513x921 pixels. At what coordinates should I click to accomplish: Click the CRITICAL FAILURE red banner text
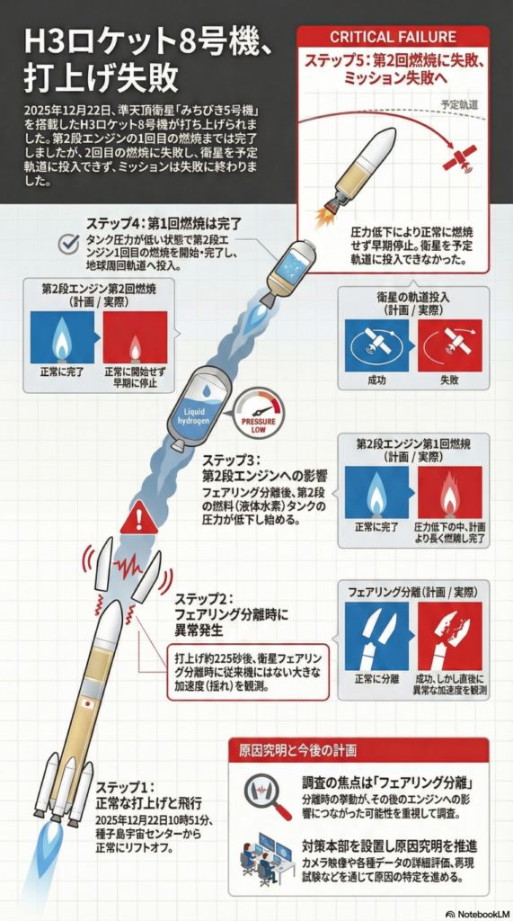(x=393, y=36)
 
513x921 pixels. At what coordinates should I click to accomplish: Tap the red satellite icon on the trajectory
(x=460, y=157)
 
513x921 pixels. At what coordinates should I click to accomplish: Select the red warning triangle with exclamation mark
(x=139, y=517)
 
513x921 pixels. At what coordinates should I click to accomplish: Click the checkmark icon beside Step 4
(x=70, y=243)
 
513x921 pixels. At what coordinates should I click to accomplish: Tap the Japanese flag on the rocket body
(x=88, y=702)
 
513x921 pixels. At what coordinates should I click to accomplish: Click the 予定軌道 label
(x=460, y=106)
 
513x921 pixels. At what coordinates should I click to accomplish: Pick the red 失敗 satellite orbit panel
(x=449, y=345)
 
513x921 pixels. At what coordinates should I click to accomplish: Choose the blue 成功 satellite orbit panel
(x=376, y=345)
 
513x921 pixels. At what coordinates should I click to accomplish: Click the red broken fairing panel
(x=449, y=636)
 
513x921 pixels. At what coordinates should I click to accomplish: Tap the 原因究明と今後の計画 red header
(x=298, y=750)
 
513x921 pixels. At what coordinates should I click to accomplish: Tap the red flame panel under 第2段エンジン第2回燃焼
(x=135, y=337)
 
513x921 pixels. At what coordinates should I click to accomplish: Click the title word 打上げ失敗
(x=101, y=80)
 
